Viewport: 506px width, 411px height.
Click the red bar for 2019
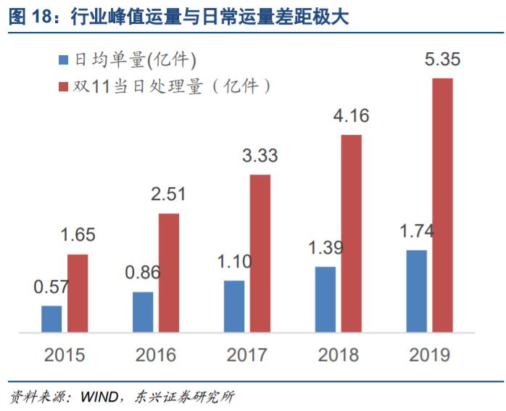point(442,205)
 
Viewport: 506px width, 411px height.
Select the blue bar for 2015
point(51,319)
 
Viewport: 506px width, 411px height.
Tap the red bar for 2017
point(260,254)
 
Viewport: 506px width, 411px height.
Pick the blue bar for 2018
point(325,299)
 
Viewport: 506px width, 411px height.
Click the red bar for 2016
point(168,273)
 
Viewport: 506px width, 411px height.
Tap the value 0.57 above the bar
point(51,286)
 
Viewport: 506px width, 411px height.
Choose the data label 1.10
point(233,262)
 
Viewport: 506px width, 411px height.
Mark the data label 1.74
point(417,232)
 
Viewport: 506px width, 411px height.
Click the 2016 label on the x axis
point(155,355)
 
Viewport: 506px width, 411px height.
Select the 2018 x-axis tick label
point(338,355)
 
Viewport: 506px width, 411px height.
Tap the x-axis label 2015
point(64,355)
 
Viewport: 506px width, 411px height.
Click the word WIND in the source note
point(96,397)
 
